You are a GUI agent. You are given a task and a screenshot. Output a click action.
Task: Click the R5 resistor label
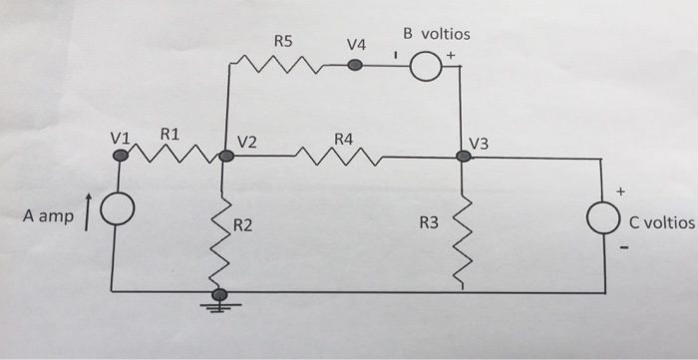tap(284, 42)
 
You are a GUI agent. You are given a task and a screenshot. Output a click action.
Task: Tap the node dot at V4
tap(354, 67)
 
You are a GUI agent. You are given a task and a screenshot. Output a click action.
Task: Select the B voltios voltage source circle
tap(425, 67)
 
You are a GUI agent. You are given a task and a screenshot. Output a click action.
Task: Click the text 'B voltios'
tap(436, 33)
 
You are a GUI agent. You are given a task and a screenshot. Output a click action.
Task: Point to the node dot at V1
tap(121, 155)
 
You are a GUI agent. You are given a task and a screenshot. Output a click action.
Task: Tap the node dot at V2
tap(226, 156)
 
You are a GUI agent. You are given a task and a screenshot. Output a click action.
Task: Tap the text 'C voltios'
tap(659, 222)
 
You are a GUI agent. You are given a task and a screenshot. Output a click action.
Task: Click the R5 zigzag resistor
tap(278, 67)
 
